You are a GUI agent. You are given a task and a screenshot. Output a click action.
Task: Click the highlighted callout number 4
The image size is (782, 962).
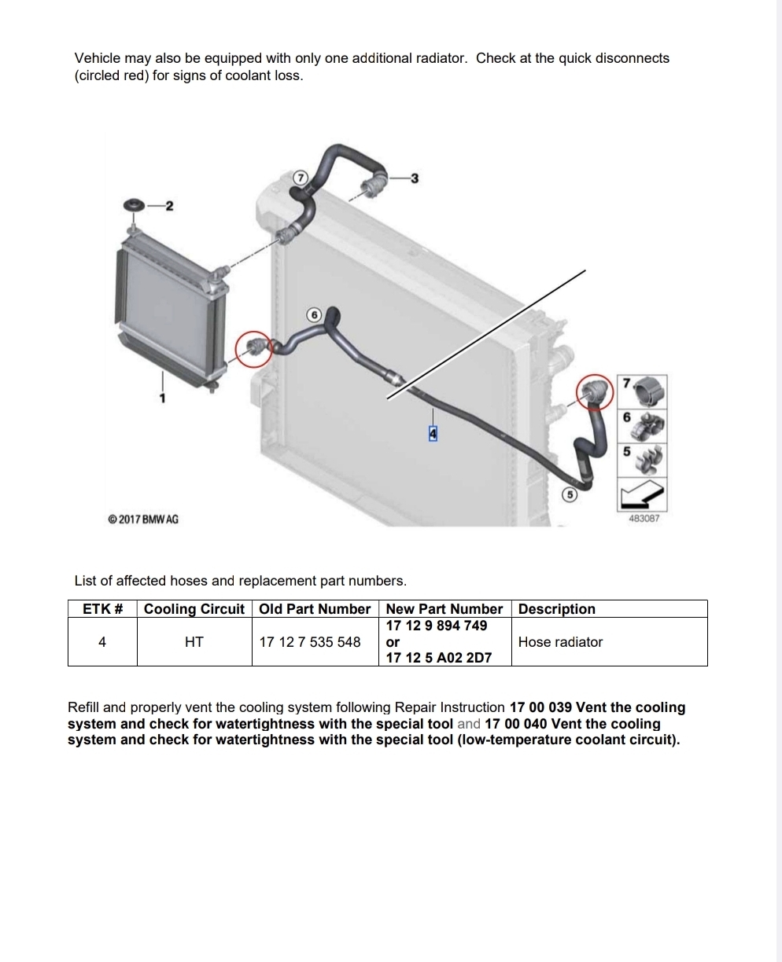433,434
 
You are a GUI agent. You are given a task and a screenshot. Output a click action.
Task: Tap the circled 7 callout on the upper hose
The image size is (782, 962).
301,178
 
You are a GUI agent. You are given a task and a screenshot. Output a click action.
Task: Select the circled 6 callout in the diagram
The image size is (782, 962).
314,315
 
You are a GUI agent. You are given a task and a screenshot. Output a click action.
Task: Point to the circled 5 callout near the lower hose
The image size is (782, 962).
570,495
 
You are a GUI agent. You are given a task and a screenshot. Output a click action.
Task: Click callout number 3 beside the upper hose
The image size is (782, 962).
415,178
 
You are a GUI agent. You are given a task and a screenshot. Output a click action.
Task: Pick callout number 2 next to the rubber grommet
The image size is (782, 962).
169,206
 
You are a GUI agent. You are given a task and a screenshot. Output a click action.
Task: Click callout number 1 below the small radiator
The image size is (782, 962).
162,398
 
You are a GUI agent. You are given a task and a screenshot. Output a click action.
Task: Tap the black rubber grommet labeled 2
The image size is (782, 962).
135,204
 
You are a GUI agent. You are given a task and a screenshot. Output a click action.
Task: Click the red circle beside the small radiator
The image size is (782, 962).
253,349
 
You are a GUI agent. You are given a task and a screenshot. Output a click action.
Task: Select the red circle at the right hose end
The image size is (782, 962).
595,392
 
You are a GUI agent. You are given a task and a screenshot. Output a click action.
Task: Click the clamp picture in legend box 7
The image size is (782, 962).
649,391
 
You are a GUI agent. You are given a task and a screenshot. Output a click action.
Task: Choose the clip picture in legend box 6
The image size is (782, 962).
649,426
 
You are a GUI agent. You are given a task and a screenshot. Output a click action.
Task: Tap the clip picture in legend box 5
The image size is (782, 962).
650,460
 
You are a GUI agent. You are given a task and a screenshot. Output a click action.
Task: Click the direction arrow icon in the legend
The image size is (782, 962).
642,494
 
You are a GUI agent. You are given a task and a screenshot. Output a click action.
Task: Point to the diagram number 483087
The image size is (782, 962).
644,519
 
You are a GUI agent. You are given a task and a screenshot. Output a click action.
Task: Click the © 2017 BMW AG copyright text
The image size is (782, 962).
143,520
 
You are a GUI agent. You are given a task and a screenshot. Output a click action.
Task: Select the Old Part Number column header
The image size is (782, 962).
315,609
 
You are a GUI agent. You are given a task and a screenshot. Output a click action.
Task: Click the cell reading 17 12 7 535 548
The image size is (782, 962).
310,642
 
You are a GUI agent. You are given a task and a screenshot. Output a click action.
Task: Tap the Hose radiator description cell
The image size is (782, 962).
560,642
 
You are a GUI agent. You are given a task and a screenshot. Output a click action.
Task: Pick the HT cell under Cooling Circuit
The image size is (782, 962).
194,642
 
